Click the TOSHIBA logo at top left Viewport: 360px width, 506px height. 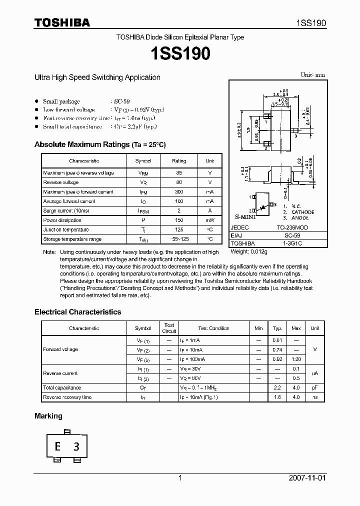pos(62,22)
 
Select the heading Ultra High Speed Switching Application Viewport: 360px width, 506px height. pos(97,77)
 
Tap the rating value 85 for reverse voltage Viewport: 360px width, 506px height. pos(178,173)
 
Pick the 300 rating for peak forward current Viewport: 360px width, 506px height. pos(178,192)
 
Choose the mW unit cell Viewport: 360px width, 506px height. pos(210,220)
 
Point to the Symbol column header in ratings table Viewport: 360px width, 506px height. pos(143,161)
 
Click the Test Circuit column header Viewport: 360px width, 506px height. pos(169,328)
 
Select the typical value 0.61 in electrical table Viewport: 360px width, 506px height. pos(277,340)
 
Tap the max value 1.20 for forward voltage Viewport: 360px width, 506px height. pos(296,359)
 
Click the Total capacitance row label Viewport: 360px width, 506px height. pos(62,387)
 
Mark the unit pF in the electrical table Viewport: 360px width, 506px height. pos(314,387)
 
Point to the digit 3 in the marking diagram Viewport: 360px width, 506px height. pos(76,447)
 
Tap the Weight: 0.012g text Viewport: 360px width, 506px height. pos(248,252)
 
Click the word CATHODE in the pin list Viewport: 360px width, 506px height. pos(303,212)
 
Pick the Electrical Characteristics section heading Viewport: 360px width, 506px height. pos(77,312)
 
